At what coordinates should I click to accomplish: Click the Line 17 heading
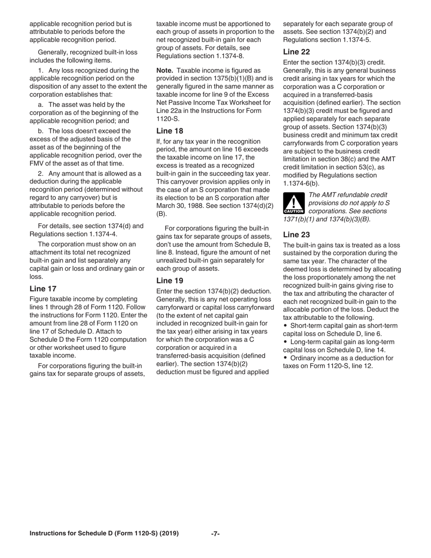pyautogui.click(x=43, y=289)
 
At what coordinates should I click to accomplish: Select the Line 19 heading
pyautogui.click(x=170, y=280)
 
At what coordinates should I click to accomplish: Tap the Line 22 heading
pyautogui.click(x=297, y=52)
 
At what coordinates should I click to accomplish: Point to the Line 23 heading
pyautogui.click(x=297, y=234)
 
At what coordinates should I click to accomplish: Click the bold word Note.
pyautogui.click(x=166, y=70)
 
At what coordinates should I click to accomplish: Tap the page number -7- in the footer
pyautogui.click(x=215, y=534)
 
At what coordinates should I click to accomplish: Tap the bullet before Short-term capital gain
pyautogui.click(x=285, y=326)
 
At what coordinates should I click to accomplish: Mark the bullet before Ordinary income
pyautogui.click(x=285, y=358)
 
